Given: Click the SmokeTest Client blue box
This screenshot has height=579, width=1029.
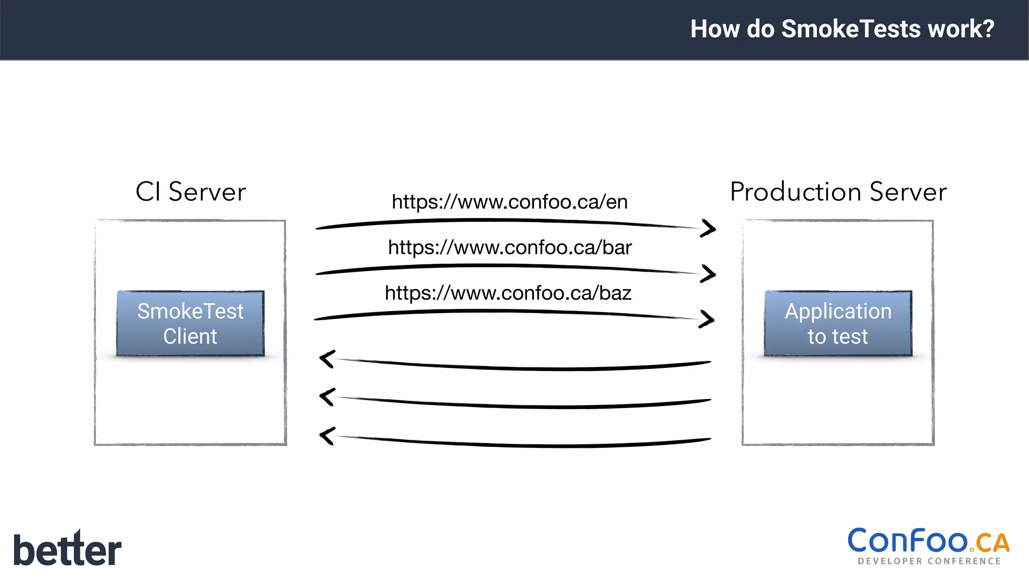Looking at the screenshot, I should point(190,323).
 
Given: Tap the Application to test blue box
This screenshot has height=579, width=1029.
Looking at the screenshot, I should point(838,323).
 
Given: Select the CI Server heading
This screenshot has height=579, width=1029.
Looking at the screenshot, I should point(191,191).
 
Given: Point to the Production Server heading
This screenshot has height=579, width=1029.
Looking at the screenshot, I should point(838,191).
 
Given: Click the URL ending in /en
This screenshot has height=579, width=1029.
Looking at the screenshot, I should point(509,202).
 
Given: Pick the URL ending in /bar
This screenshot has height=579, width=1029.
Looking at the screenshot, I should point(509,247).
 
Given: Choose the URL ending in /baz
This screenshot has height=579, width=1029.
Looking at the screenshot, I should point(508,293).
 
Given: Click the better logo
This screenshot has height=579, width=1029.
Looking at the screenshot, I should point(67,549).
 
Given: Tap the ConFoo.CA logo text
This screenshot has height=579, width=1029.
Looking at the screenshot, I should point(928,541).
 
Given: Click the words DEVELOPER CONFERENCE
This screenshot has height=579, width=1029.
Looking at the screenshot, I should point(929,561).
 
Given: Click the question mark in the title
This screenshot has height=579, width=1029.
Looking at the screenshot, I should point(988,29).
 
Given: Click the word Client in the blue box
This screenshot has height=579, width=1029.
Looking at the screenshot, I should point(190,336).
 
